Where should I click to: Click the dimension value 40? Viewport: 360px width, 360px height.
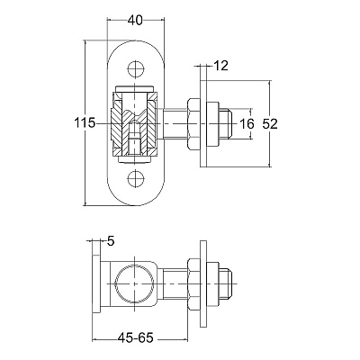[135, 21]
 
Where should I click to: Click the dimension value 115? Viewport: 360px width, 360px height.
[85, 123]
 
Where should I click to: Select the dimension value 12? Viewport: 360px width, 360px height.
[220, 66]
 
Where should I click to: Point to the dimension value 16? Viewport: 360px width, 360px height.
[247, 123]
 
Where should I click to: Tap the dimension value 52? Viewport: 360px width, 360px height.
[270, 123]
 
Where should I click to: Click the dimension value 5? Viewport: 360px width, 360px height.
[111, 241]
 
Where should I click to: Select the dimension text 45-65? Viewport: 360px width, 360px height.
[136, 338]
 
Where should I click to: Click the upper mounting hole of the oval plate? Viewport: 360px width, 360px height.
[136, 69]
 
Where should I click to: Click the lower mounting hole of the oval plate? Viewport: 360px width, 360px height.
[136, 179]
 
